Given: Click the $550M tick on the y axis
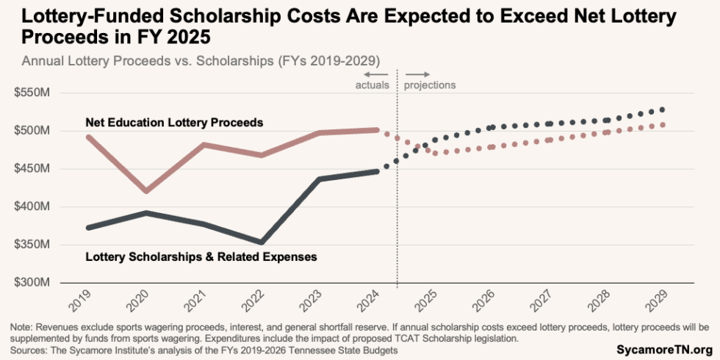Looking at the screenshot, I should point(35,93).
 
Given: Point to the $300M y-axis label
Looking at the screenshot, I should point(35,283).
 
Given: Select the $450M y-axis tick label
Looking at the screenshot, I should point(35,169).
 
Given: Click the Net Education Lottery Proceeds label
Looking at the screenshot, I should point(174,123).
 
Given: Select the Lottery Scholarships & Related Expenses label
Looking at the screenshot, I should point(201,257).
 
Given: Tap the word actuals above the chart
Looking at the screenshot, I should point(372,85).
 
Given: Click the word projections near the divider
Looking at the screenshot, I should point(430,85).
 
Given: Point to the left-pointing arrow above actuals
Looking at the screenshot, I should point(376,74).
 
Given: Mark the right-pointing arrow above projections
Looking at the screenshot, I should point(417,74).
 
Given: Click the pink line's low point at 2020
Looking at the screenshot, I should point(147,191).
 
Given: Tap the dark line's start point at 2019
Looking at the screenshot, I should point(89,228).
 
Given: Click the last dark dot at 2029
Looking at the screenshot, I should point(663,109).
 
